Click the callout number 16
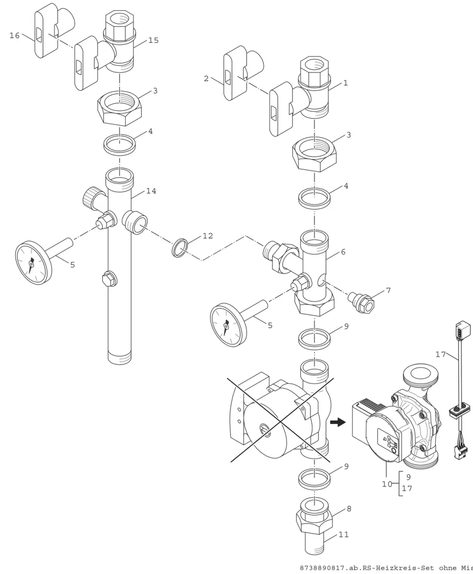(15, 35)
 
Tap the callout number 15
(153, 40)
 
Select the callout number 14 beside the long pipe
(151, 191)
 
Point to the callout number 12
(208, 236)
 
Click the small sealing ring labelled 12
(180, 248)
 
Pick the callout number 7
(388, 291)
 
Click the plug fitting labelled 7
(361, 303)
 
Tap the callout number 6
(343, 252)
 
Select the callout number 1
(345, 83)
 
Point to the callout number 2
(206, 78)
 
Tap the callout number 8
(349, 509)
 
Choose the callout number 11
(343, 534)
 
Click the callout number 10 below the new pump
(387, 484)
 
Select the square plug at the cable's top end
(463, 330)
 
